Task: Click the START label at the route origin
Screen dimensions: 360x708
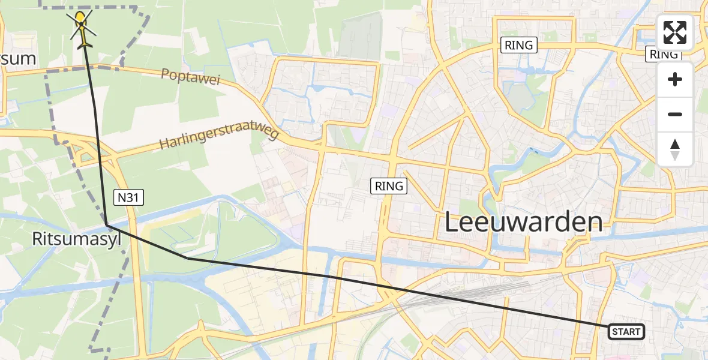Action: point(626,331)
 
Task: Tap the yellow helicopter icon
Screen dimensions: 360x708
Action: point(83,28)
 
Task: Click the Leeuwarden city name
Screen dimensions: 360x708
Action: point(524,222)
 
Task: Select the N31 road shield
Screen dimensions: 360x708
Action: point(129,197)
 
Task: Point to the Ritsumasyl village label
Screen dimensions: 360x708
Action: point(76,240)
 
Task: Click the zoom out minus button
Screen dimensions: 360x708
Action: point(675,114)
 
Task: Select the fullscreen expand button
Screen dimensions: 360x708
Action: point(675,32)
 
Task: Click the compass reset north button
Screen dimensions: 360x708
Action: point(675,149)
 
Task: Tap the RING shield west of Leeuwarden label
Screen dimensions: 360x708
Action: point(389,186)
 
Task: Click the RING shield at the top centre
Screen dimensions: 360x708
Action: point(518,45)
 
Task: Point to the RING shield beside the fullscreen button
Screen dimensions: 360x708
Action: point(663,54)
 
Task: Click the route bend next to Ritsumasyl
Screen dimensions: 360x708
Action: point(107,225)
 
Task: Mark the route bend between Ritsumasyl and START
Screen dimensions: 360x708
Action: point(188,258)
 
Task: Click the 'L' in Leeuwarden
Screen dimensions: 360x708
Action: point(452,223)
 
